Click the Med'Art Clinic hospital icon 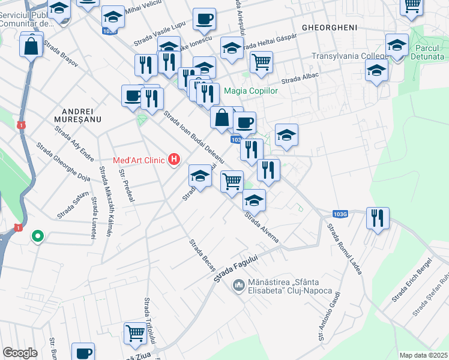coord(174,160)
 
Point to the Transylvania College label coord(349,56)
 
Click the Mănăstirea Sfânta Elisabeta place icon coord(238,284)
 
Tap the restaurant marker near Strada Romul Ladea coord(378,218)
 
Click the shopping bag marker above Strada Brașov coord(31,46)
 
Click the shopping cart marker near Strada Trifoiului coord(135,333)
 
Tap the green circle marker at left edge coord(37,236)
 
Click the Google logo coord(20,353)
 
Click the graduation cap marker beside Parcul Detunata coord(396,45)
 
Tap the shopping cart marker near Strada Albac coord(261,62)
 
